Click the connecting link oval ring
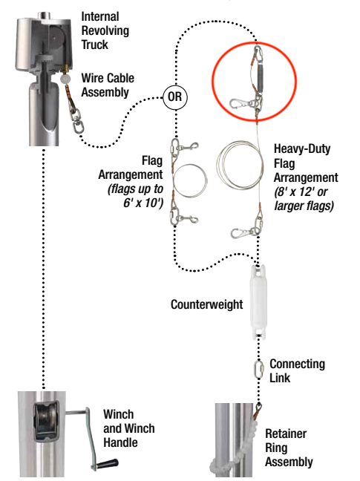[x=260, y=368]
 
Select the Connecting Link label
[x=297, y=370]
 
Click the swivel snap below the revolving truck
[x=76, y=119]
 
